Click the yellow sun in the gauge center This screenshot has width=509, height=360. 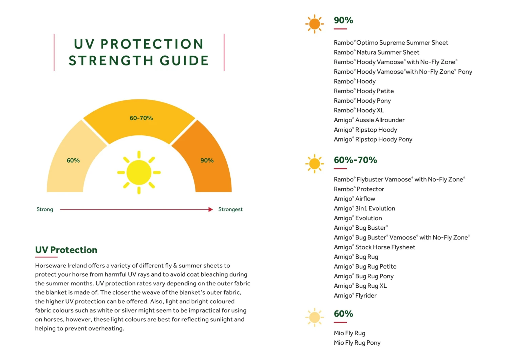pos(139,172)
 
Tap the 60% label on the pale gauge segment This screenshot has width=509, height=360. pos(73,160)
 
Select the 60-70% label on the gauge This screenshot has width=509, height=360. pos(141,118)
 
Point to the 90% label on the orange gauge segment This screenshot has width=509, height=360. pos(207,160)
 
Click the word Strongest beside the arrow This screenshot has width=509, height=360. pos(230,209)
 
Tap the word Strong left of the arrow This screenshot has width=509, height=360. pos(45,209)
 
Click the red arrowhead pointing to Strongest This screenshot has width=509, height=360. pos(210,209)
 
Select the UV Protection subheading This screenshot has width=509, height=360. pos(66,250)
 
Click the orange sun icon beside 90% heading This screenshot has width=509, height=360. pos(315,24)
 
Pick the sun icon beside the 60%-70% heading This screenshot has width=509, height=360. pos(315,164)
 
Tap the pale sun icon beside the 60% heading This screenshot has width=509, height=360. pos(315,318)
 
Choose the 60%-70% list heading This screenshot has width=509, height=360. pos(355,160)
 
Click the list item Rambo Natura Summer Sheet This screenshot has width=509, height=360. pos(376,53)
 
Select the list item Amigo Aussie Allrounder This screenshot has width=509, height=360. pos(369,120)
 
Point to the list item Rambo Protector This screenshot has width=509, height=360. pos(359,189)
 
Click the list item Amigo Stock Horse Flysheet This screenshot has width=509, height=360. pos(374,247)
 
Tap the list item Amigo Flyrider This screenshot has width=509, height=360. pos(355,296)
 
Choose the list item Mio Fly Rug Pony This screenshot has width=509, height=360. pos(357,343)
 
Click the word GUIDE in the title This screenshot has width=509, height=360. pos(184,61)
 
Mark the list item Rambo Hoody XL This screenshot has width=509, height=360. pos(359,111)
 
